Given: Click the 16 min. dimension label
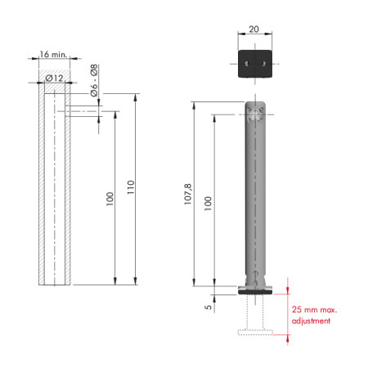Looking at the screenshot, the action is (x=53, y=54).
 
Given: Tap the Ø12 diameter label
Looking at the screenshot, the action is (x=54, y=79).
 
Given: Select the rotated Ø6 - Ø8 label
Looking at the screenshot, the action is (x=94, y=80).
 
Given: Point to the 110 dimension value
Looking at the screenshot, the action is (x=131, y=187).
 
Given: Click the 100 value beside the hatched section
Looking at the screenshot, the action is (x=110, y=199).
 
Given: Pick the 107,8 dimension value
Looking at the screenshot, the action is (x=188, y=194).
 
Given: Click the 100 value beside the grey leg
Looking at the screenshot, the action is (x=208, y=204).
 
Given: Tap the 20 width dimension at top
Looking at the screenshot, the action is (x=254, y=29).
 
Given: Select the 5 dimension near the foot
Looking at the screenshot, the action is (x=208, y=307).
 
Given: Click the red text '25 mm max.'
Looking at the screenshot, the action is (x=314, y=310).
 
